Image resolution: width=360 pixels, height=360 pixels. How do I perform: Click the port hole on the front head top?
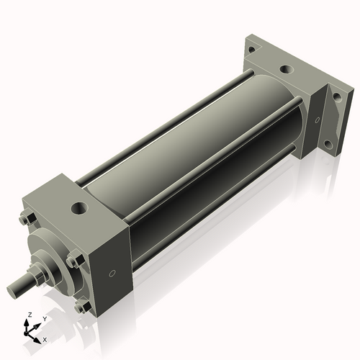(x=77, y=211)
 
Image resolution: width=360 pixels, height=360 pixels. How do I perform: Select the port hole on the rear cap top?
(x=287, y=71)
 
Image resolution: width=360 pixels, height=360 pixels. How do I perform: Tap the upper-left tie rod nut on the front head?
(x=27, y=220)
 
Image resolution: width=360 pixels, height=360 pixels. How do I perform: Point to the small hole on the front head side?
(x=112, y=274)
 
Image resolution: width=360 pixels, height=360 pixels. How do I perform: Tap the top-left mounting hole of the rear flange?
(x=250, y=50)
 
